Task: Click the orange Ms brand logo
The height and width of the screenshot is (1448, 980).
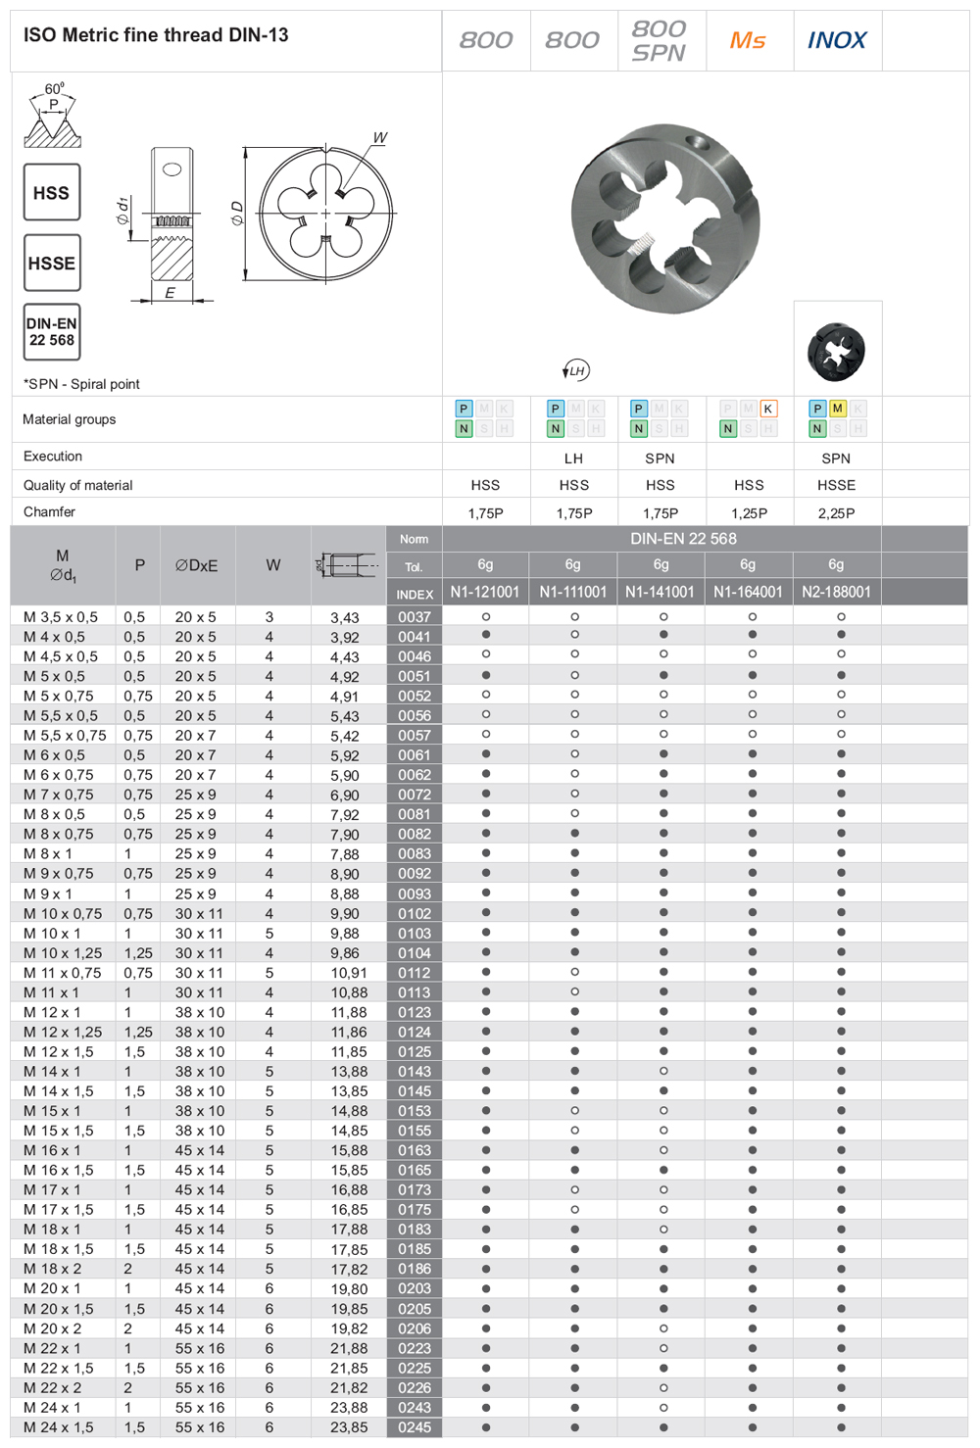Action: coord(748,41)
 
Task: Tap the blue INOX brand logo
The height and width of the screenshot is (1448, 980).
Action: coord(837,41)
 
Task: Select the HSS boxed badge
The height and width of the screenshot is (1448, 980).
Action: coord(52,193)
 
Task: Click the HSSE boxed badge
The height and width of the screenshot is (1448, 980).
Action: coord(52,264)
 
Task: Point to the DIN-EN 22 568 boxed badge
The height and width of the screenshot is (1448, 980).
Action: coord(52,331)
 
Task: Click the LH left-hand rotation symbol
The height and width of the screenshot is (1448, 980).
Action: coord(575,370)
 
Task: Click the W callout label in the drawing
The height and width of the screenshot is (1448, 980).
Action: coord(380,138)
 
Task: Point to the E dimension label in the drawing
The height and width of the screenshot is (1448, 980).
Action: coord(170,293)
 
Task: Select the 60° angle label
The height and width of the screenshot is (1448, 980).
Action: coord(54,88)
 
